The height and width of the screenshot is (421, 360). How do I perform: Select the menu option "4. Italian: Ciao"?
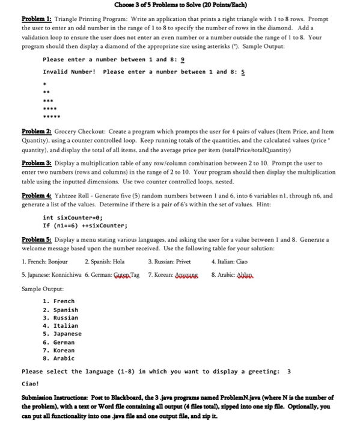229,262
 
